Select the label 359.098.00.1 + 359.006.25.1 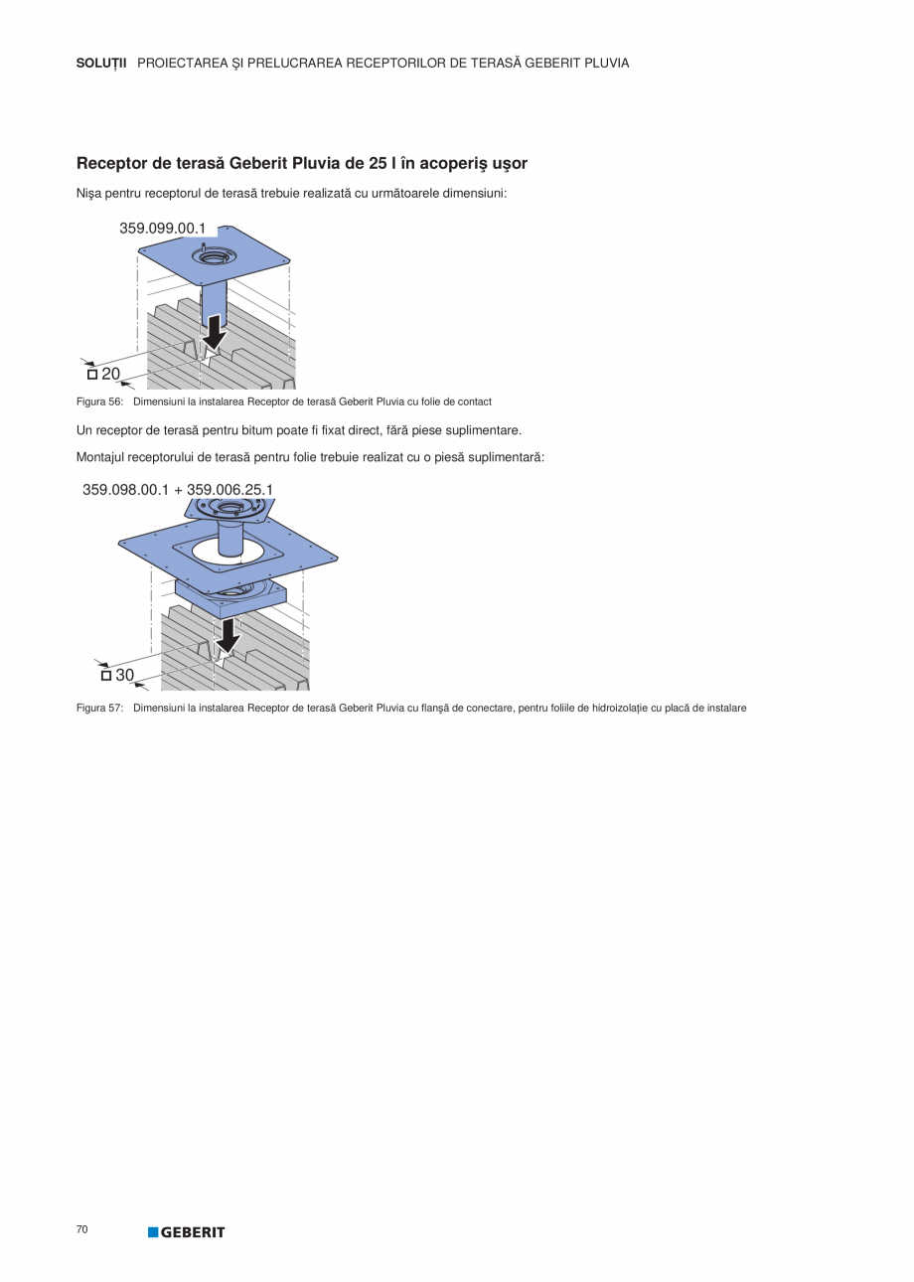tap(178, 489)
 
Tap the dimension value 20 tap(110, 374)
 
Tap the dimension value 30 tap(124, 675)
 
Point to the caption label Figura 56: tap(99, 401)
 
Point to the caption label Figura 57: tap(99, 708)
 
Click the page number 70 tap(81, 1229)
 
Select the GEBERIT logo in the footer tap(187, 1232)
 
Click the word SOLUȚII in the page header tap(101, 63)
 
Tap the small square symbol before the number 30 tap(106, 676)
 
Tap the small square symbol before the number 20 tap(92, 375)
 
